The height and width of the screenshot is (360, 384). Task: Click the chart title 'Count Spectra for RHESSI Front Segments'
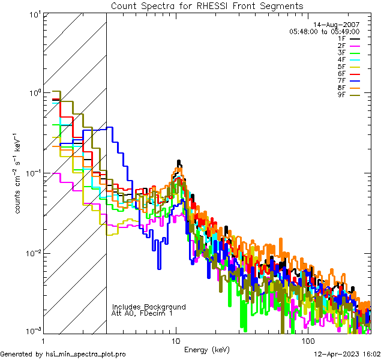207,5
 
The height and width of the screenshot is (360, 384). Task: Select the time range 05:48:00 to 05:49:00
324,31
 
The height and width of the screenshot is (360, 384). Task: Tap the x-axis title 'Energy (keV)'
207,349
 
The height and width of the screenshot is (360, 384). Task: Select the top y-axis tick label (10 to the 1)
34,14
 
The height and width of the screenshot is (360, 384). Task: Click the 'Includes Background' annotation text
148,307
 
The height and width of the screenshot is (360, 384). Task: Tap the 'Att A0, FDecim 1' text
142,313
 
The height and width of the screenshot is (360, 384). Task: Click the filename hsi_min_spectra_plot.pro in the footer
86,354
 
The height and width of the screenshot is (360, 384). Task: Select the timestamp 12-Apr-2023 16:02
347,354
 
